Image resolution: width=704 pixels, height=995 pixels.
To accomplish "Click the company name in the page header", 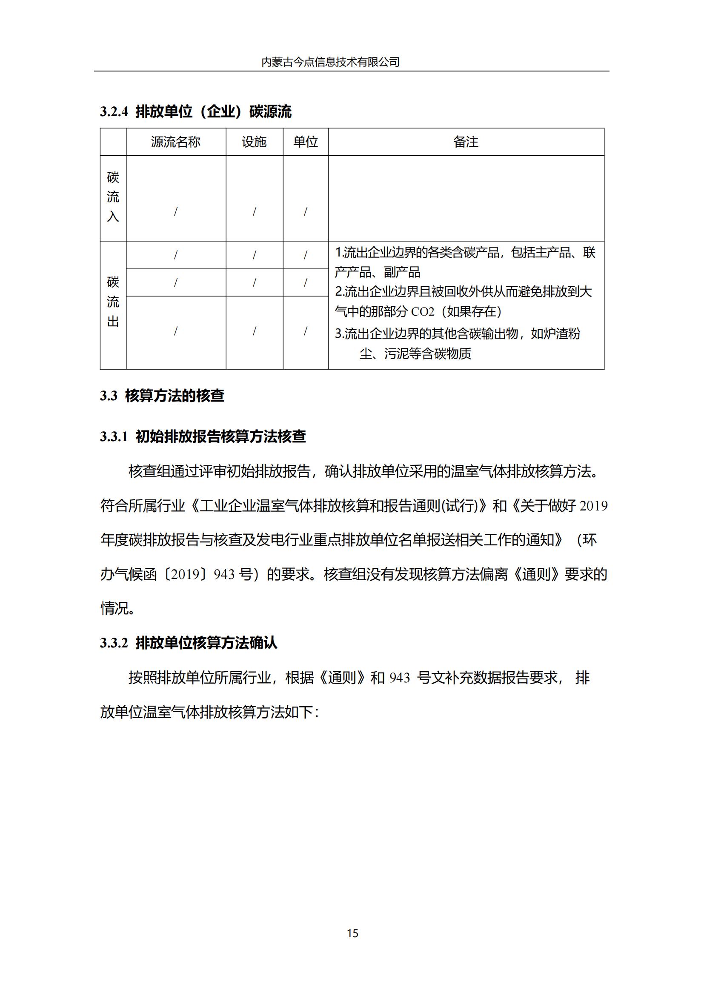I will coord(330,62).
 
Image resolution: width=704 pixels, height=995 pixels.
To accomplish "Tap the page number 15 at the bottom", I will coord(352,933).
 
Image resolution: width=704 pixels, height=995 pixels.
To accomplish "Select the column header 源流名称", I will coord(175,142).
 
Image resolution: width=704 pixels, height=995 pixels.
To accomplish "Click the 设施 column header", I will coord(254,142).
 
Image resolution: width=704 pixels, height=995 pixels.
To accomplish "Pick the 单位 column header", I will coord(306,142).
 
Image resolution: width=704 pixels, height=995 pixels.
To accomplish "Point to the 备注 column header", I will coord(466,142).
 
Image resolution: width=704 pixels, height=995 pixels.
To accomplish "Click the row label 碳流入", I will coord(113,197).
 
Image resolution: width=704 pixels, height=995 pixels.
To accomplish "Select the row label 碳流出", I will coord(113,302).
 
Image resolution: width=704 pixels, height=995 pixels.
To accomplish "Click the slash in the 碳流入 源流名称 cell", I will coord(175,211).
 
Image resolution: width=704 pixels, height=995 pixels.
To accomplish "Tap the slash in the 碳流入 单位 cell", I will coord(306,211).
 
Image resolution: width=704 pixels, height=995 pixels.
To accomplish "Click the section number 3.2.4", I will coord(114,112).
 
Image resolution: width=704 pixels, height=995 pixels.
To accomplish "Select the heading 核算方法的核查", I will coord(175,396).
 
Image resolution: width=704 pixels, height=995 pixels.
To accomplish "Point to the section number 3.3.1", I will coord(114,436).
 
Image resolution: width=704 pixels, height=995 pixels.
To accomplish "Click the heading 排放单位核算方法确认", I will coord(206,643).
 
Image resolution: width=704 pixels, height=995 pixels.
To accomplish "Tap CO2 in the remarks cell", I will coord(422,312).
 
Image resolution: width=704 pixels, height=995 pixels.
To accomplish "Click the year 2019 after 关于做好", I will coord(593,506).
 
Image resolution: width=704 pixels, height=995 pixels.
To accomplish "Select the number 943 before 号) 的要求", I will coord(224,575).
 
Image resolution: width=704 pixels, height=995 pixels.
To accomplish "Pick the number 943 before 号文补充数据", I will coord(399,678).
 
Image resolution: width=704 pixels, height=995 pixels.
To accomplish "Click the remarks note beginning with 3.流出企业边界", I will coord(457,334).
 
